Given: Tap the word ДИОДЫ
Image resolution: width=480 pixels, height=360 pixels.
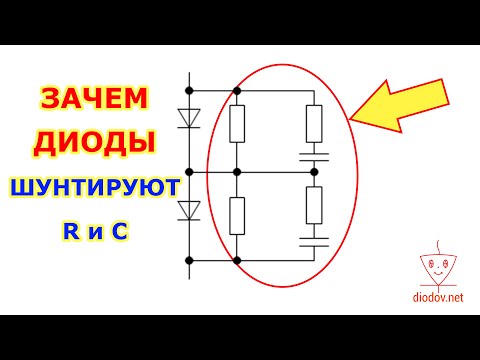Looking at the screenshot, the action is pos(94,143).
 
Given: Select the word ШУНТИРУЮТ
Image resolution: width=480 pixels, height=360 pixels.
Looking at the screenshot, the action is pos(94,187).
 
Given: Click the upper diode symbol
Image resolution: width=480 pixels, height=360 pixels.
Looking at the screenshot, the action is pos(188,116).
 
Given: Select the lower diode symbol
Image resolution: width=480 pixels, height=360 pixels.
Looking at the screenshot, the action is pos(188,211).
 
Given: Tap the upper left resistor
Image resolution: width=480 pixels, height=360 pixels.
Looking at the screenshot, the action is pos(238,124).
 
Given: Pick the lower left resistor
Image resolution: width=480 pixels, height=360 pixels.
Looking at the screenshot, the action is pos(238,215).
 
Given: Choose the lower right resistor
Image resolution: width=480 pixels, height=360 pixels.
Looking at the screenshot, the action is pos(314,204).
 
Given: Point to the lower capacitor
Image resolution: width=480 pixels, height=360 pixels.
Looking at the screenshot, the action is pos(314,240).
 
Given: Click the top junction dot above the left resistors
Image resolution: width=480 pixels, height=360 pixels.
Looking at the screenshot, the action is pos(238,89).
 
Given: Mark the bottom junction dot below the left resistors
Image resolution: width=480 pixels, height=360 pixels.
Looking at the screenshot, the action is pos(238,259).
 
